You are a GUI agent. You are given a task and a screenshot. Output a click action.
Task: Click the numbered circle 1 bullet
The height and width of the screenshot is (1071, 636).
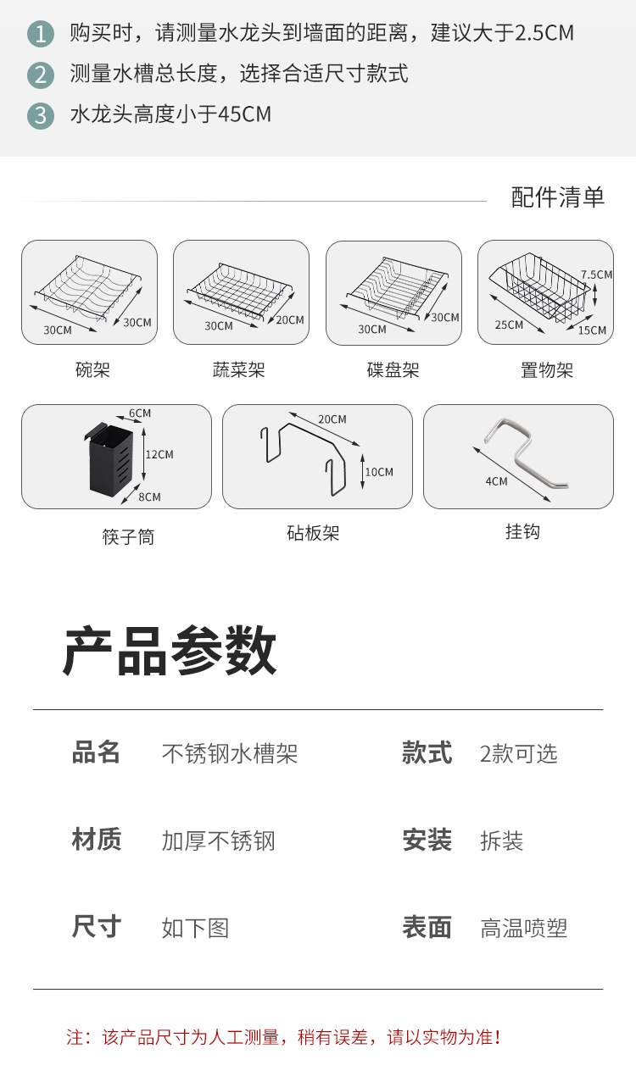(x=41, y=34)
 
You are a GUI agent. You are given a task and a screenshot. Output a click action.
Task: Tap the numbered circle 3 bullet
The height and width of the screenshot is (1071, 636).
(x=41, y=114)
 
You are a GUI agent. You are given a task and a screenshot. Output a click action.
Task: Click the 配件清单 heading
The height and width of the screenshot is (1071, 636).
(x=558, y=197)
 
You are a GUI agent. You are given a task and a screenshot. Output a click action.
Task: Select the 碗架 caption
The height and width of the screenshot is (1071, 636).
(x=92, y=369)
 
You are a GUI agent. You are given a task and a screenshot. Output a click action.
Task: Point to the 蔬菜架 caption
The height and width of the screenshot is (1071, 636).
(x=239, y=369)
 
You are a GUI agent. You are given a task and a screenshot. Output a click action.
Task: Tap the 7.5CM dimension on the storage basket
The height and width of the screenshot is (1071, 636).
(x=596, y=275)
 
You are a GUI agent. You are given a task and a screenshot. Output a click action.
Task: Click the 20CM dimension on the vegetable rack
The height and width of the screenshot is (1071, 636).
(x=290, y=319)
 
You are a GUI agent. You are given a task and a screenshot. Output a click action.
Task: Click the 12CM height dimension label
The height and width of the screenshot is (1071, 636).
(x=159, y=454)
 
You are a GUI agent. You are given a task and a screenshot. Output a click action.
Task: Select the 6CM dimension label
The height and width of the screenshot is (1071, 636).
(x=140, y=413)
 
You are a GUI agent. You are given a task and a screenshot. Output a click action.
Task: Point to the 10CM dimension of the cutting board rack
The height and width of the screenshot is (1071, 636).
(x=379, y=472)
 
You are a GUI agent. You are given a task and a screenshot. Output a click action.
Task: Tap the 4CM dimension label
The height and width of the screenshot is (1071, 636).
(x=496, y=481)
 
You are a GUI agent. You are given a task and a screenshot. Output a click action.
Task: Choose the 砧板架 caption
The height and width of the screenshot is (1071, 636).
(x=313, y=533)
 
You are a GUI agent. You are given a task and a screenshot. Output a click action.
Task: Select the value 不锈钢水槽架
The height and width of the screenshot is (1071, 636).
(x=230, y=753)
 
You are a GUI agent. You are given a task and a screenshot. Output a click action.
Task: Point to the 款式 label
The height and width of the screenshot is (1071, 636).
(x=427, y=752)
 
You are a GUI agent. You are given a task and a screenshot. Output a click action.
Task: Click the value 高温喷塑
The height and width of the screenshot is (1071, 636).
(x=523, y=928)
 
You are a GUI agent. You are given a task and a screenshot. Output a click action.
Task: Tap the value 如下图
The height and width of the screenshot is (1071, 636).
(x=195, y=928)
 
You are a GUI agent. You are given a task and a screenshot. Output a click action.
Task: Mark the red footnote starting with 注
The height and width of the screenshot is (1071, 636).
(x=283, y=1036)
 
